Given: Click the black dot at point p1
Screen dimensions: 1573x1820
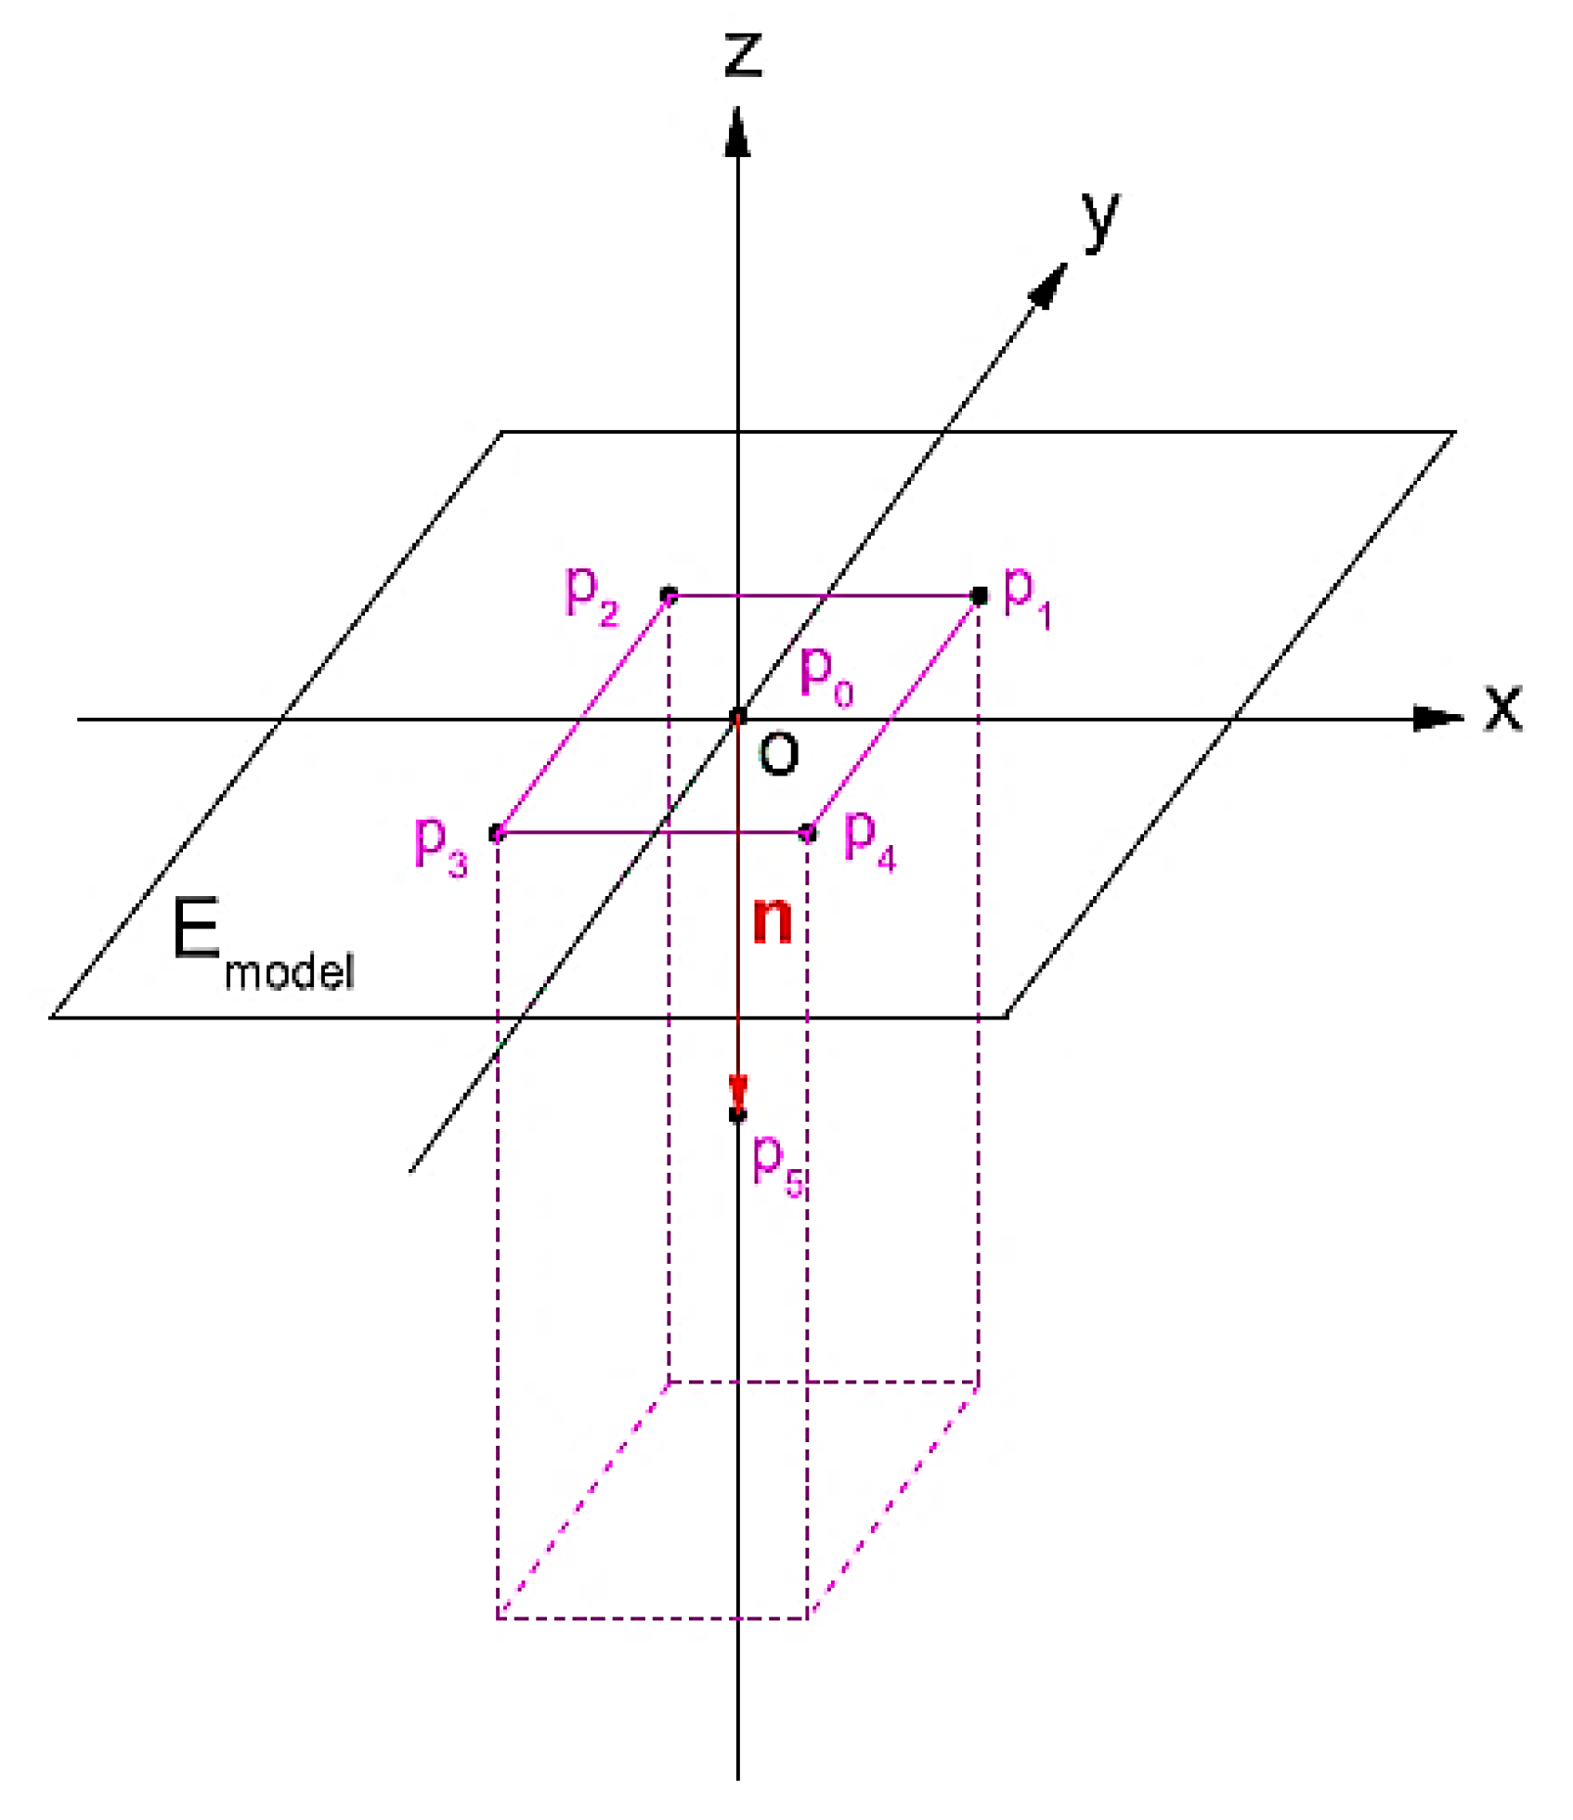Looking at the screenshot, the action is tap(979, 596).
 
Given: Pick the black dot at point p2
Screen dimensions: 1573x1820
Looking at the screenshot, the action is tap(669, 595).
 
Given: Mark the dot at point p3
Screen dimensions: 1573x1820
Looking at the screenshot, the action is tap(498, 833).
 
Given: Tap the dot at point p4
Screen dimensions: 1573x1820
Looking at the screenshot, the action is tap(808, 833).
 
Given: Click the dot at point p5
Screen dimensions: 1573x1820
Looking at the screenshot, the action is tap(738, 1113).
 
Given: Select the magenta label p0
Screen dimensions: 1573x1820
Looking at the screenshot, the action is tap(825, 675).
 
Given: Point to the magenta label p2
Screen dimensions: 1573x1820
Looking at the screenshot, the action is tap(591, 596).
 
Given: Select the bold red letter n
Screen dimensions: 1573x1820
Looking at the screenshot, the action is tap(773, 921).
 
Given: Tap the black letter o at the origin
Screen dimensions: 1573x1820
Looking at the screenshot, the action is tap(778, 754).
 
